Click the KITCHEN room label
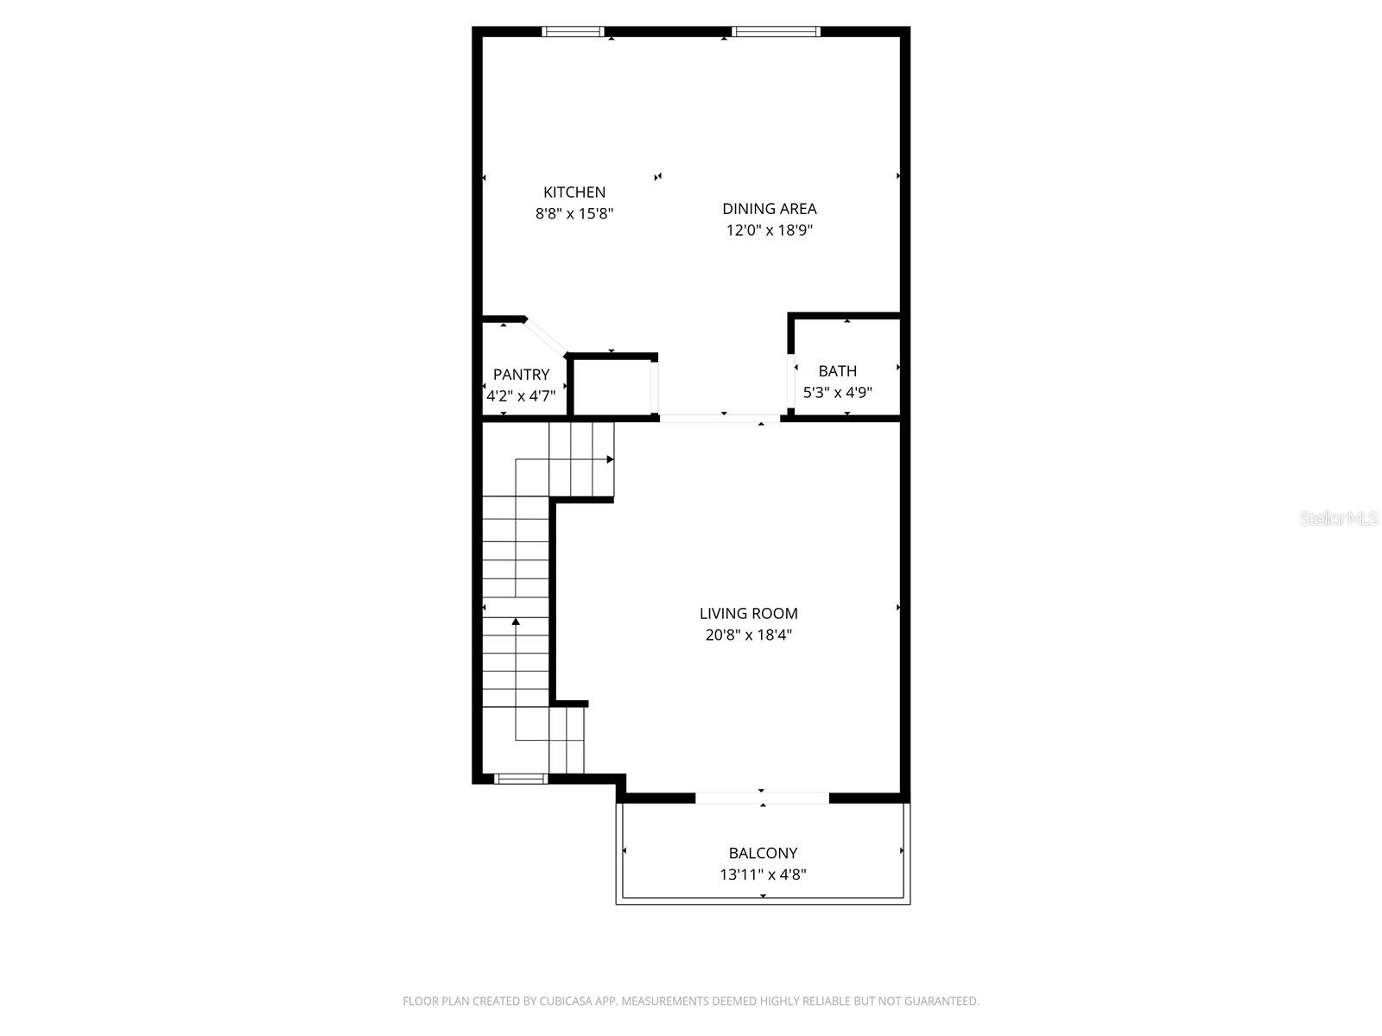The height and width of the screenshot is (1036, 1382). point(574,192)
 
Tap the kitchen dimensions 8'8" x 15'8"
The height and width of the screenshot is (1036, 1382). point(574,213)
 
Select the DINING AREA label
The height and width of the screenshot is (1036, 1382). point(769,208)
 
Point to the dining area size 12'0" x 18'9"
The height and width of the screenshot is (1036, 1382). point(769,231)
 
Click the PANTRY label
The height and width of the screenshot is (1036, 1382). point(521,374)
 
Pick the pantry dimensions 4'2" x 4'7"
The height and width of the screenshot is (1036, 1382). point(521,396)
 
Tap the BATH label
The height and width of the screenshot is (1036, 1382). point(837,370)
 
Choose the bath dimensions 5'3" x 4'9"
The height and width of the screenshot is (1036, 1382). point(837,393)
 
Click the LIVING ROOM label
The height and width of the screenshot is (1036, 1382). point(748,613)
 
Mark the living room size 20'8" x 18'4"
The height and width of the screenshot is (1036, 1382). point(748,635)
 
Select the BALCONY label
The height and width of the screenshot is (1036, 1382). point(763,853)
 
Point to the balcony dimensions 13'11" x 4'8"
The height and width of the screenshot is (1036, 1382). point(763,875)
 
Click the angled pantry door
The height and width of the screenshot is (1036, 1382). point(546,337)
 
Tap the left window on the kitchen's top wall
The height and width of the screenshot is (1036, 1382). point(572,32)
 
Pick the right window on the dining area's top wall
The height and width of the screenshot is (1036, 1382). point(775,32)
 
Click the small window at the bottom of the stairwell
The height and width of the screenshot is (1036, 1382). point(521,779)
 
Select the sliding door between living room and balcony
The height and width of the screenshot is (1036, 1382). point(762,798)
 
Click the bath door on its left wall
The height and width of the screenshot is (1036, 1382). point(791,380)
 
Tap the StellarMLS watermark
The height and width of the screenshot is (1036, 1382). point(1339,518)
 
